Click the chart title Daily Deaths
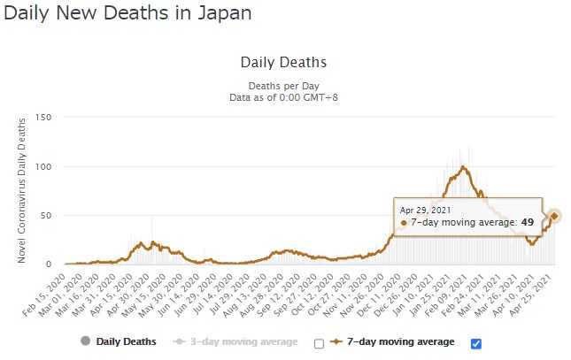pyautogui.click(x=283, y=63)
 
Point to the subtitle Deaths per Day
pyautogui.click(x=283, y=85)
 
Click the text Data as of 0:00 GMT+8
pyautogui.click(x=283, y=96)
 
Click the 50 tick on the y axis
pyautogui.click(x=47, y=215)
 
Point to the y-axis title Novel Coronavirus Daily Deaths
pyautogui.click(x=21, y=191)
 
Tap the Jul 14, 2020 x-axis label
pyautogui.click(x=217, y=291)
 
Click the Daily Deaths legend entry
pyautogui.click(x=125, y=341)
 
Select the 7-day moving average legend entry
pyautogui.click(x=397, y=341)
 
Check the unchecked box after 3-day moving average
pyautogui.click(x=320, y=344)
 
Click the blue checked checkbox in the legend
pyautogui.click(x=476, y=343)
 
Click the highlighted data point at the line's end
pyautogui.click(x=554, y=216)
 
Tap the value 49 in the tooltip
pyautogui.click(x=528, y=223)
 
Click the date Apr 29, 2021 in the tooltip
pyautogui.click(x=427, y=210)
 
